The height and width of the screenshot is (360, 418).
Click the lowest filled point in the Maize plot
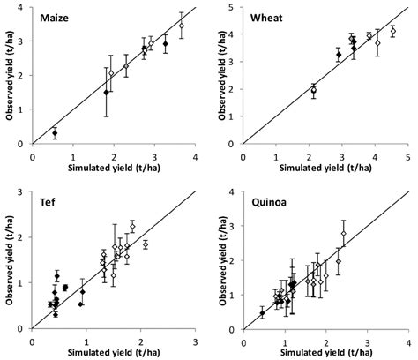55,133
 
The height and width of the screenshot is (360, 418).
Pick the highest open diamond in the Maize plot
181,26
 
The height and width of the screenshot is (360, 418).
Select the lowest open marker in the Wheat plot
313,90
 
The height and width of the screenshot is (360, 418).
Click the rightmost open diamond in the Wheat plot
392,31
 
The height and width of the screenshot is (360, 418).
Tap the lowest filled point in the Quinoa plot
262,312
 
